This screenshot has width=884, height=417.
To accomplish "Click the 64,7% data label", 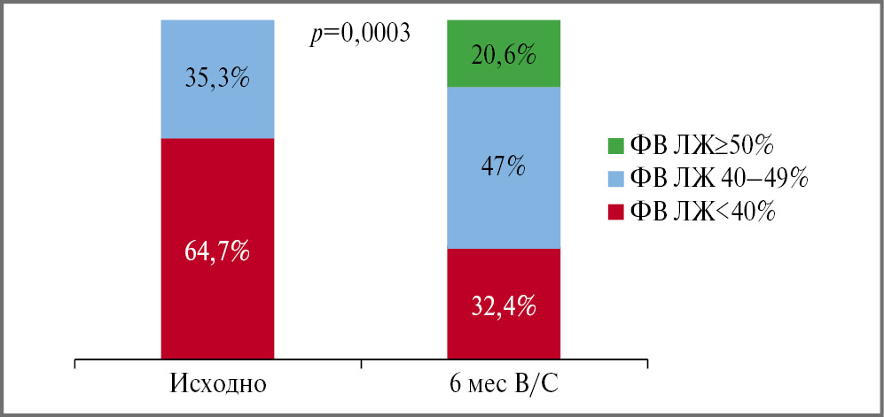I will (217, 253).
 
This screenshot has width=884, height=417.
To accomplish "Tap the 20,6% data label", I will (504, 56).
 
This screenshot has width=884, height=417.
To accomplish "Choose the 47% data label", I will (504, 165).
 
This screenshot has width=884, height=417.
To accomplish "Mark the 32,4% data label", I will (504, 306).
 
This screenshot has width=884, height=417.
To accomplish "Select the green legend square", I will (613, 143).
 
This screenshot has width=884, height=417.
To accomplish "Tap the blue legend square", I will (613, 177).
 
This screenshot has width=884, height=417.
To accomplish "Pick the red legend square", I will (613, 211).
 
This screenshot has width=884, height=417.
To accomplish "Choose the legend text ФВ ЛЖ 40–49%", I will (717, 177).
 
